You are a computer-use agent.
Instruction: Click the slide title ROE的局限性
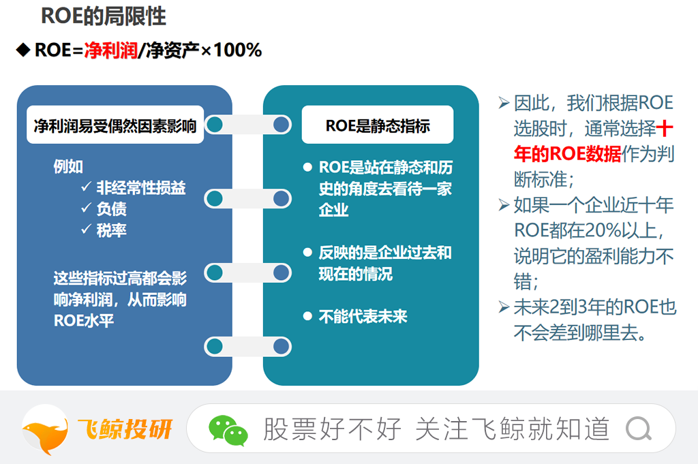click(x=104, y=16)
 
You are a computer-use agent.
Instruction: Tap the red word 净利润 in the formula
click(x=111, y=50)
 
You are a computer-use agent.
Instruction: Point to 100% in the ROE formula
click(x=238, y=50)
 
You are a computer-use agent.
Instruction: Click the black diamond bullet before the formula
click(x=23, y=50)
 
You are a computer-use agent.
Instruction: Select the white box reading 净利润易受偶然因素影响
click(x=115, y=125)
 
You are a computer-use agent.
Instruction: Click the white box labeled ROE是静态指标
click(x=378, y=125)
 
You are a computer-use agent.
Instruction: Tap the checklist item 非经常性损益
click(x=141, y=188)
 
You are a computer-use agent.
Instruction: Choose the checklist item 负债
click(x=112, y=208)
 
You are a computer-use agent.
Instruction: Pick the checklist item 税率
click(x=112, y=230)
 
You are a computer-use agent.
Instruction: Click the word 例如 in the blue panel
click(x=68, y=166)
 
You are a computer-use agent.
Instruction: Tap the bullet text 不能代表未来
click(x=363, y=316)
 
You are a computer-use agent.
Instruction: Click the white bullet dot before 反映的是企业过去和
click(x=307, y=252)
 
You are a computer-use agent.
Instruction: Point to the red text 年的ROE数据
click(x=568, y=154)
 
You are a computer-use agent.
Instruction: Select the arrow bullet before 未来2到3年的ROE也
click(x=504, y=307)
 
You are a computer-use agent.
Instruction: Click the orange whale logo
click(x=45, y=430)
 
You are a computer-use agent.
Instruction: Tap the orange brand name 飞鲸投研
click(x=125, y=429)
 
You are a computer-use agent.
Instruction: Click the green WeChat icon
click(x=228, y=430)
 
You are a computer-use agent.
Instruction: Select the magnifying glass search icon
click(x=639, y=429)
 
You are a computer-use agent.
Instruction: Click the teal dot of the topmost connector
click(x=215, y=125)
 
